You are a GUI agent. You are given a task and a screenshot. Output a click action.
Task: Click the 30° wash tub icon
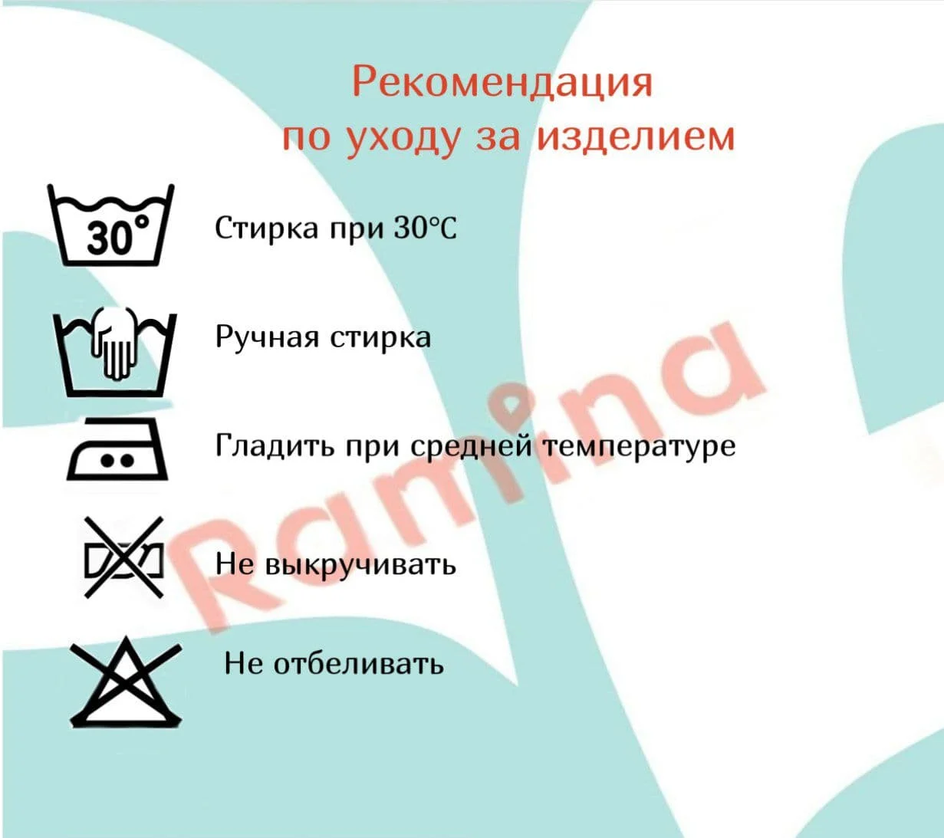tap(111, 225)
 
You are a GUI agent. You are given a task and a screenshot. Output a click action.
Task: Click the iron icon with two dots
tap(117, 449)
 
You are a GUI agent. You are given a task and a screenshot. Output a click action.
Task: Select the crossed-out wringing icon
tap(124, 557)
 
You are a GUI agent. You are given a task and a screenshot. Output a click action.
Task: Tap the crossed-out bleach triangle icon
tap(126, 683)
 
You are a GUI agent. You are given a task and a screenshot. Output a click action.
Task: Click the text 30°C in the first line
tap(426, 228)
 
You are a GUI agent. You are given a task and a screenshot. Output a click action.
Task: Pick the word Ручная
tap(268, 337)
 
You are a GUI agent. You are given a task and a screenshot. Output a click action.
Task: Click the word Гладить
tap(275, 445)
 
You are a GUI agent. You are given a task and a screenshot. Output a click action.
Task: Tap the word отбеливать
tap(358, 664)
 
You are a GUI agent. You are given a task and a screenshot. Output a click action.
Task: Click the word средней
tap(472, 447)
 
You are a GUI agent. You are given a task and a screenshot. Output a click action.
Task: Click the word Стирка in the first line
tap(267, 229)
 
